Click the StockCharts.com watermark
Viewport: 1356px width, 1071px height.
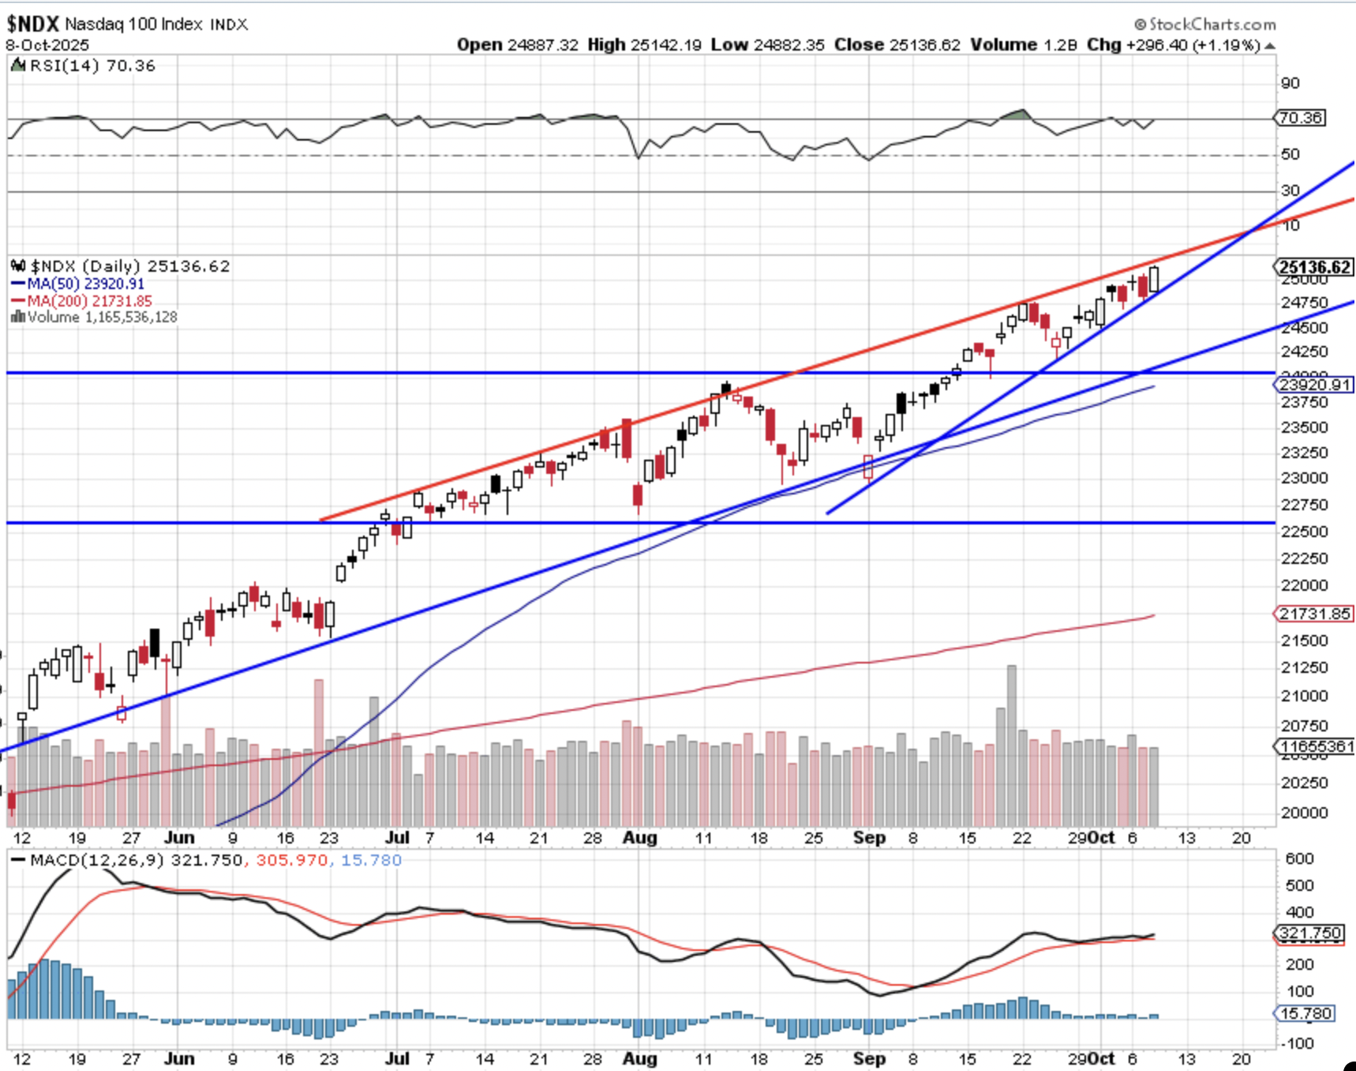(x=1205, y=24)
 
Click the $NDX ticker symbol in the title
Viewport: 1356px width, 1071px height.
(x=33, y=24)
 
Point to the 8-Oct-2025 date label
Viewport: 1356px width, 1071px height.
(x=48, y=45)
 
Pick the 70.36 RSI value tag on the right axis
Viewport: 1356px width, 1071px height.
(x=1301, y=118)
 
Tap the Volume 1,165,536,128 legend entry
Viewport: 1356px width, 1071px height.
(x=95, y=318)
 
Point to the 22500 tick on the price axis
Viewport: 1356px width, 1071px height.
(x=1304, y=532)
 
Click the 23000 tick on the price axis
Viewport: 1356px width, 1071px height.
(x=1304, y=478)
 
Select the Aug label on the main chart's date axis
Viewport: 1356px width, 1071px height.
(x=639, y=838)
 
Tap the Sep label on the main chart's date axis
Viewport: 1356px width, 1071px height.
(x=869, y=838)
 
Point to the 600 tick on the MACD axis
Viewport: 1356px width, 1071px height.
(x=1299, y=859)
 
